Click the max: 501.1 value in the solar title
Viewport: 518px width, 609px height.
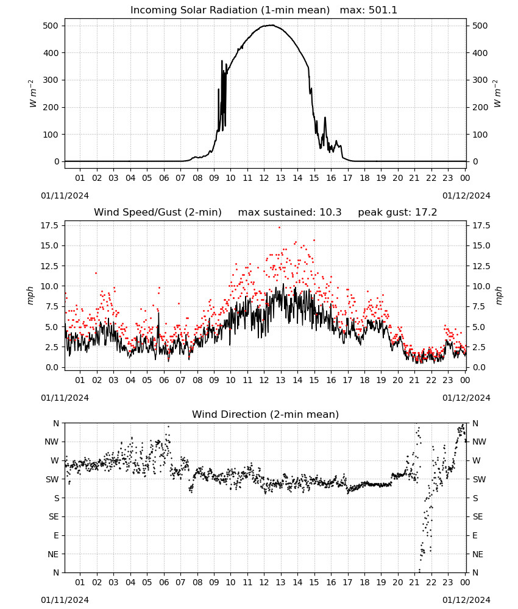point(369,10)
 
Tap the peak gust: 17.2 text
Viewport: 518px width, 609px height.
point(397,213)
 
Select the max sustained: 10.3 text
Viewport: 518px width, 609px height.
point(289,213)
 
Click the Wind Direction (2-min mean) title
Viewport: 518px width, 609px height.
point(266,414)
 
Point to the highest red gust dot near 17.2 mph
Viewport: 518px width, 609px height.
point(279,227)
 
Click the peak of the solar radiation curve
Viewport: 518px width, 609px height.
point(272,25)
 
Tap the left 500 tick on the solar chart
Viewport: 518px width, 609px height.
point(51,26)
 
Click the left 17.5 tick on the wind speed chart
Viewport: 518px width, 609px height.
point(49,226)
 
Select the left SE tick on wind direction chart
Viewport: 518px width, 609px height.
point(54,516)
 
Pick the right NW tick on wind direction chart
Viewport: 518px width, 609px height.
point(479,442)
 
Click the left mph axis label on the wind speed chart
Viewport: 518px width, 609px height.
point(30,295)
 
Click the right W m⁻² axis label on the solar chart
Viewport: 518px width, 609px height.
point(497,94)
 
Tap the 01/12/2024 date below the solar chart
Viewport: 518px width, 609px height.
point(466,195)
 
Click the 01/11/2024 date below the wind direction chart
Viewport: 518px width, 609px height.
point(65,600)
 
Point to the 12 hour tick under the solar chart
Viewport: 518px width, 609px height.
point(264,178)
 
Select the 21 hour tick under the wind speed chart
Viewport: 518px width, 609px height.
point(414,380)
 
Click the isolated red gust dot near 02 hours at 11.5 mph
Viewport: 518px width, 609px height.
point(96,273)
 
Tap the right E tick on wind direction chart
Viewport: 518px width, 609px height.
point(475,535)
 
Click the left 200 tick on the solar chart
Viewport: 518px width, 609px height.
point(51,107)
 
